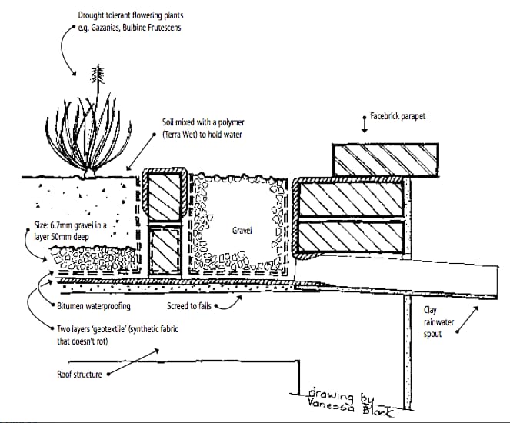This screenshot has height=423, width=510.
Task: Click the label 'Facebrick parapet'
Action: (398, 116)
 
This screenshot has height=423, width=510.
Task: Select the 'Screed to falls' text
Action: (188, 305)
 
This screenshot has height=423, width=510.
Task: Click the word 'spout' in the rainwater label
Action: (434, 334)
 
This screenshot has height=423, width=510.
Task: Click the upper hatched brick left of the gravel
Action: (165, 198)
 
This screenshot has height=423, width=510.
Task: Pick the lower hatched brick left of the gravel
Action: (165, 251)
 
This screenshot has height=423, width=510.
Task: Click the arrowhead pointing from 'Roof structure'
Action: (108, 375)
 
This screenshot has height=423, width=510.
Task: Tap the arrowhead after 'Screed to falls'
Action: (219, 305)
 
